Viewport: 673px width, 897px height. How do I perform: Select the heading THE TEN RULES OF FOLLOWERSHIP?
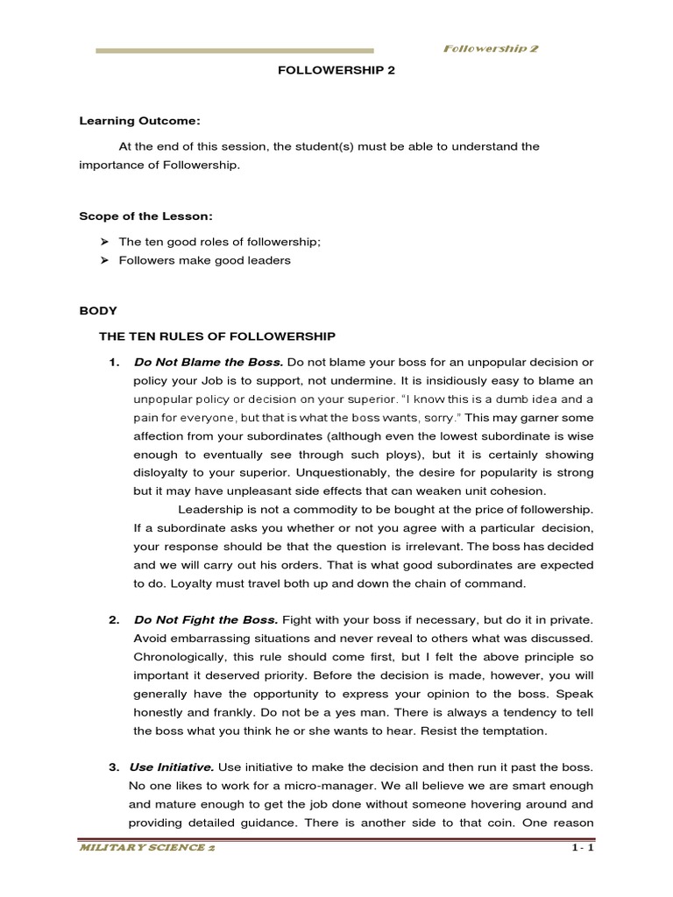pyautogui.click(x=216, y=335)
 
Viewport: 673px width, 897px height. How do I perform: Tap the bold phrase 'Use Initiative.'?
pyautogui.click(x=172, y=768)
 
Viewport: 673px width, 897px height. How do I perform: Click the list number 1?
pyautogui.click(x=114, y=363)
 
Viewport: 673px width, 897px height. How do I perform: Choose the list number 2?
pyautogui.click(x=114, y=620)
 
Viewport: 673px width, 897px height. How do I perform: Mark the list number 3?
pyautogui.click(x=114, y=768)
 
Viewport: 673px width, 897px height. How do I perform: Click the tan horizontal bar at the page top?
pyautogui.click(x=234, y=51)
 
